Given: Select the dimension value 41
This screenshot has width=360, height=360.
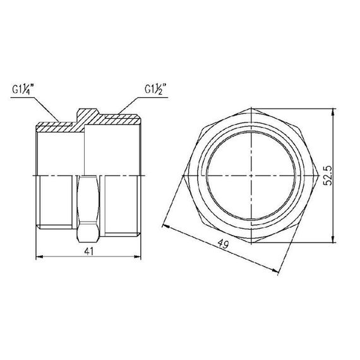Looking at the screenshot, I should pos(88,251).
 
